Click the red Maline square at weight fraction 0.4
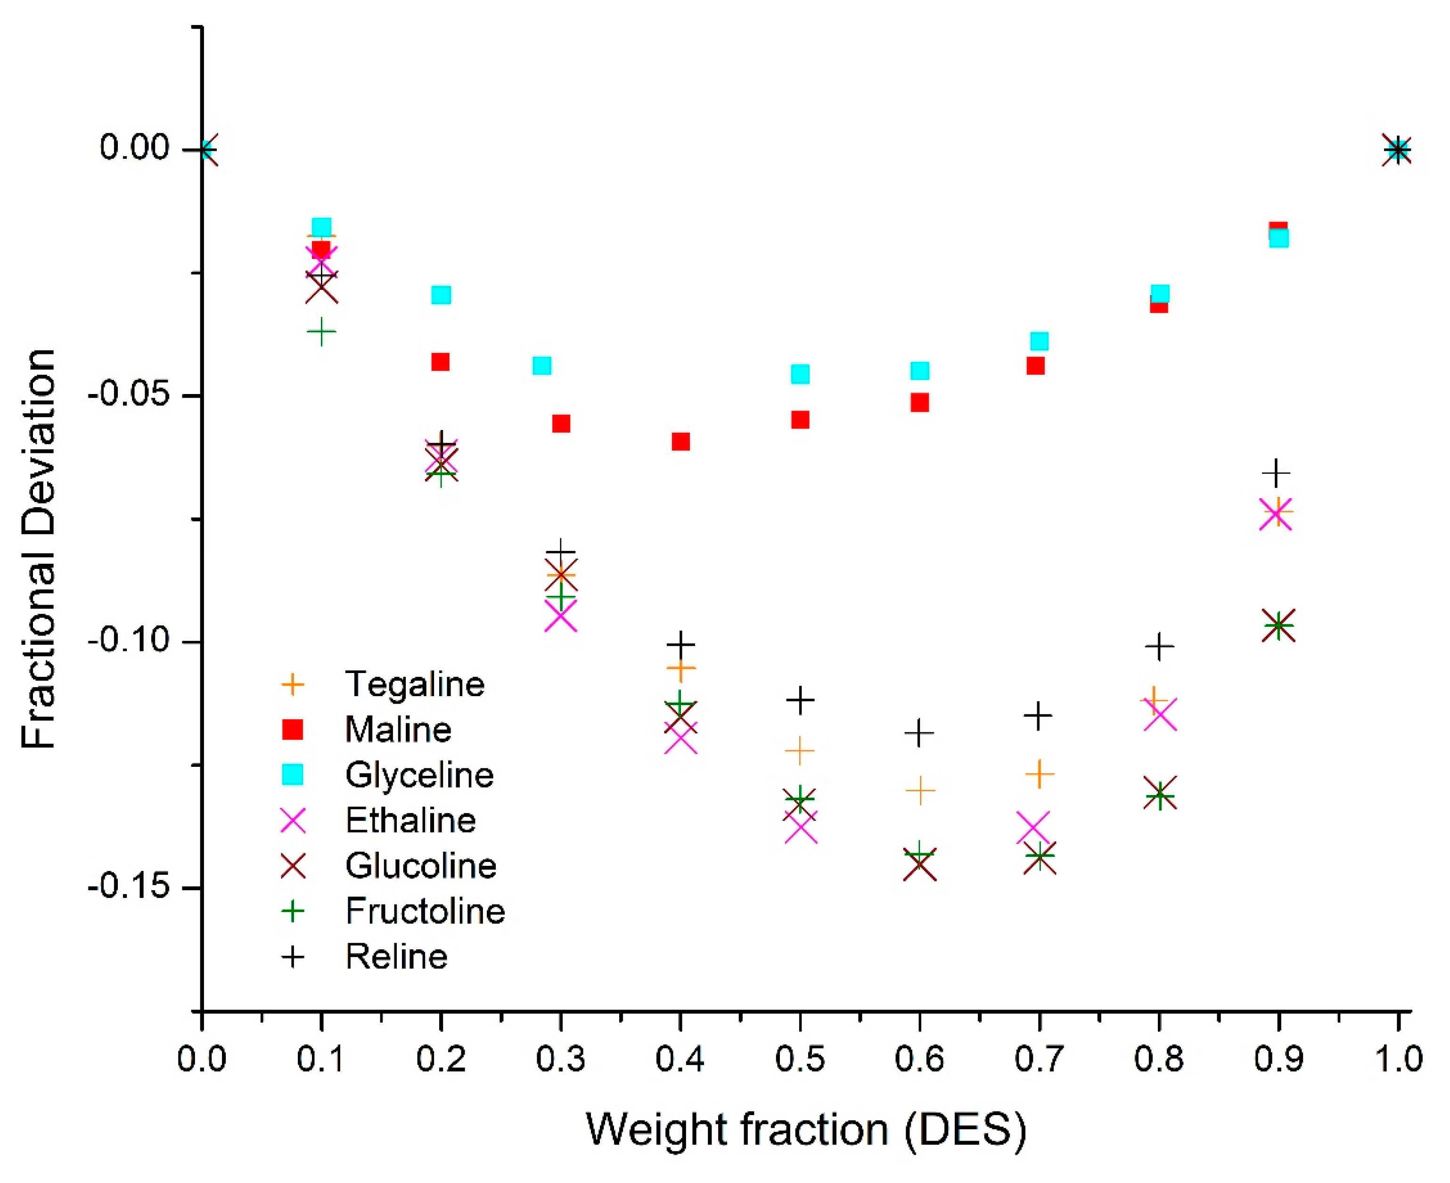680,442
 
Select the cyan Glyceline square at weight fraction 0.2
441,295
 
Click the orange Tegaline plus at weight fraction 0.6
920,790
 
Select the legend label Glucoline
420,865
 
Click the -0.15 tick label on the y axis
128,887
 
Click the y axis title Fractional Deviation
39,549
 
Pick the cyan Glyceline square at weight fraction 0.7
1039,341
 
